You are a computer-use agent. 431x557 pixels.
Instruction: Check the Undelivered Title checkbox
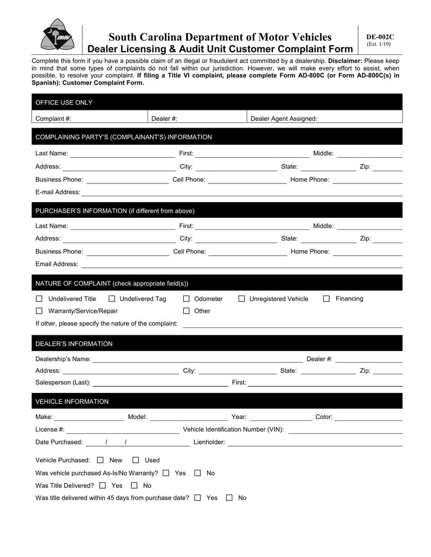coord(39,299)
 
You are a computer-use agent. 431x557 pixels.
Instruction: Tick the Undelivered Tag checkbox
coord(112,299)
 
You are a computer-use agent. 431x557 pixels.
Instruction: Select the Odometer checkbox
coord(186,299)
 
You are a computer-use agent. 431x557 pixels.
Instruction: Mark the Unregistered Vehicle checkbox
coord(241,299)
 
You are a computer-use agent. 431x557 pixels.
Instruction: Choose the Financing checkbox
coord(326,299)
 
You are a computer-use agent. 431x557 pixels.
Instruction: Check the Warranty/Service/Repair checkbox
coord(39,311)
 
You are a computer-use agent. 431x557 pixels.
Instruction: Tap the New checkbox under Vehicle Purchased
coord(100,460)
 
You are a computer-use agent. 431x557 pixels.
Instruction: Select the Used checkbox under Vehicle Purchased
coord(136,460)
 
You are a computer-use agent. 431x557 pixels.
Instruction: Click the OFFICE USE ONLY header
coord(64,102)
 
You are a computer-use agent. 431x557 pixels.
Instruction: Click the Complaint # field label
coord(53,118)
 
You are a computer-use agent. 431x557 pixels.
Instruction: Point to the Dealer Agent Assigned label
coord(284,118)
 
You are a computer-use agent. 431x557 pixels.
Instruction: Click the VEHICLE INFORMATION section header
coord(72,401)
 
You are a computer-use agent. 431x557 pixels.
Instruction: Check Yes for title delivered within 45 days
coord(198,498)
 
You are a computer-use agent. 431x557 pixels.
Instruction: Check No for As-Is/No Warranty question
coord(198,473)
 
